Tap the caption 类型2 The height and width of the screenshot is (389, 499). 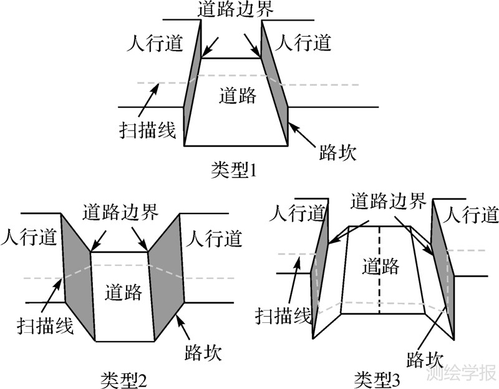coord(123,378)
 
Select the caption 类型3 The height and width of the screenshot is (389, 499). coord(377,378)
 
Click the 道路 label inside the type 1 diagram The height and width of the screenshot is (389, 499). coord(238,96)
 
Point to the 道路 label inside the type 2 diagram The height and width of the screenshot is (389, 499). coord(124,292)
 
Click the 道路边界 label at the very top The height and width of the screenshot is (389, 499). coord(235,9)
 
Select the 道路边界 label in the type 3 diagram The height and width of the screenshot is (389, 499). coord(389,201)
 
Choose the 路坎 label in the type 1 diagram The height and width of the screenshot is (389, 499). coord(337,152)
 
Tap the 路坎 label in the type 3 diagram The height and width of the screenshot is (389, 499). coord(424,359)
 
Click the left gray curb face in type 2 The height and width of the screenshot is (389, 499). coord(77,275)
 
